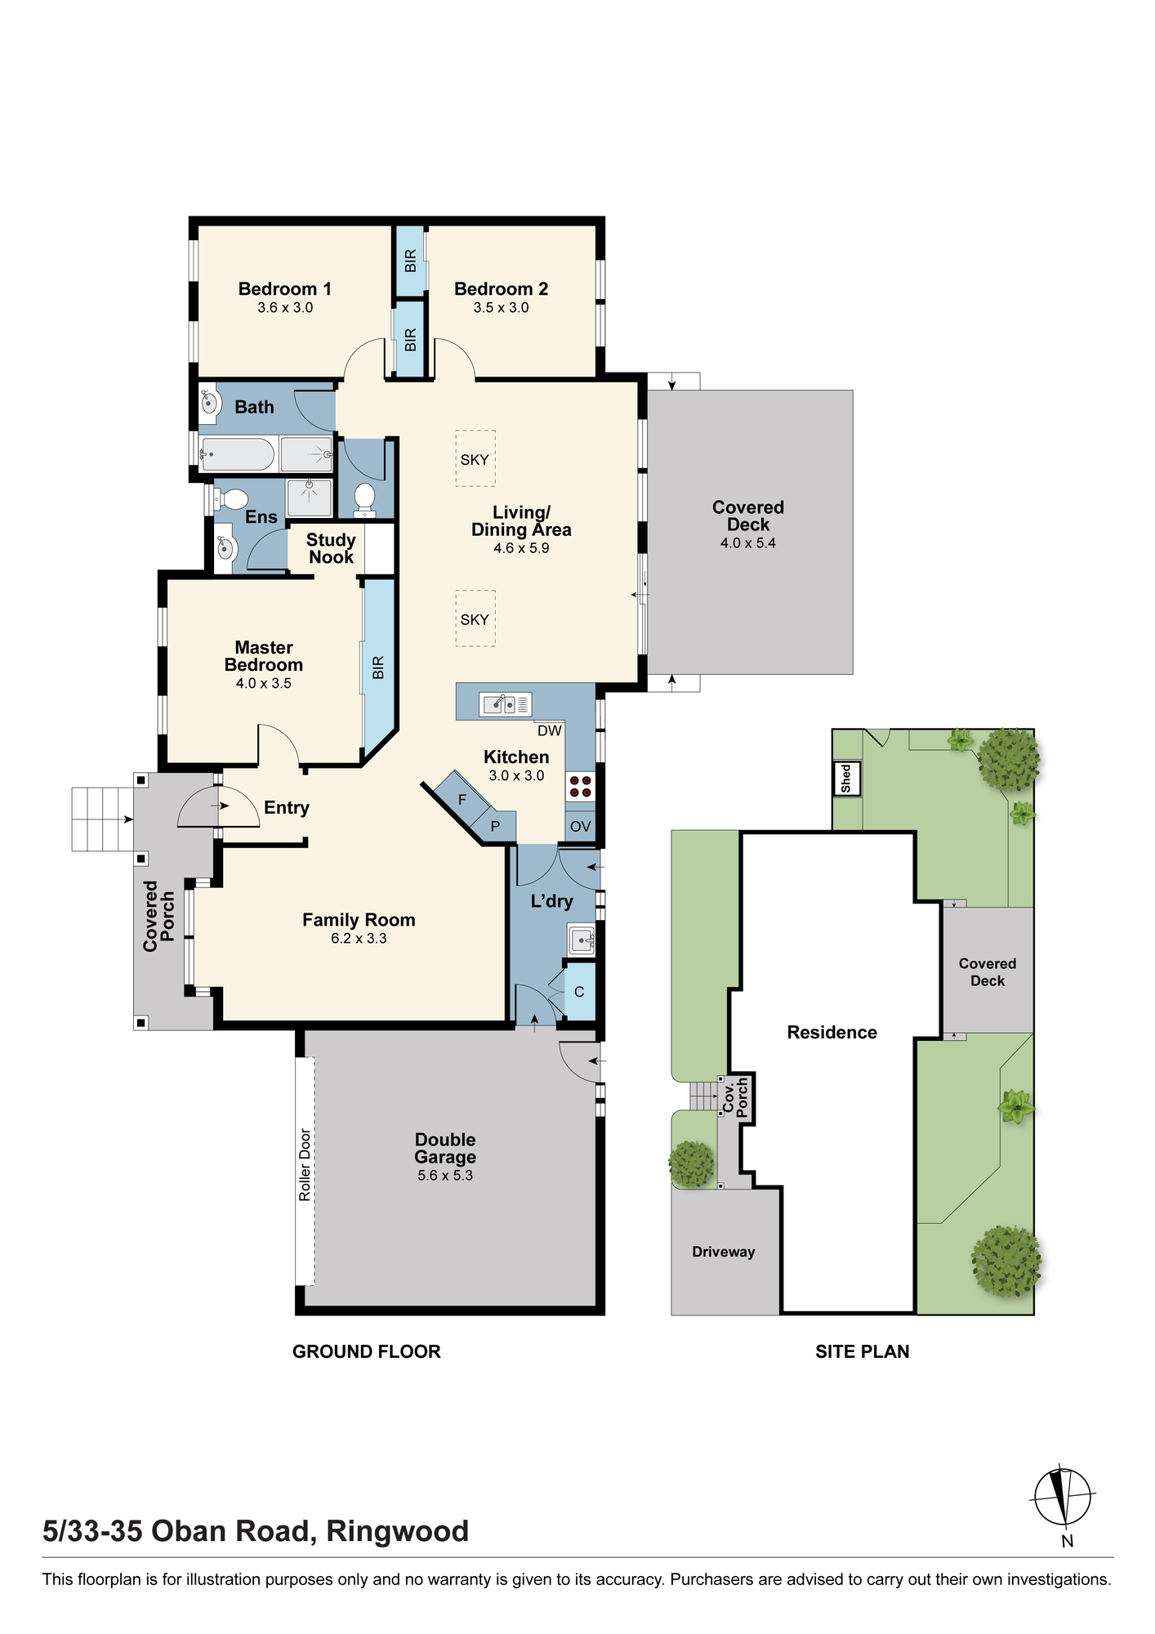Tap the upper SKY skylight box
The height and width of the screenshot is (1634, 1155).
[x=475, y=459]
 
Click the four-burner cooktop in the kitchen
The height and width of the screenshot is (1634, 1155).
[x=581, y=787]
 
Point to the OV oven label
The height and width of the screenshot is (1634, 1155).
[x=581, y=827]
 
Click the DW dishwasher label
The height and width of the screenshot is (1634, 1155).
[x=550, y=730]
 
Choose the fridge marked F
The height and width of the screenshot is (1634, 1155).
[x=462, y=799]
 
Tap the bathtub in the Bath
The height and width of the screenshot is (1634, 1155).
[x=238, y=454]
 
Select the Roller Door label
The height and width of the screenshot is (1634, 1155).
[x=305, y=1164]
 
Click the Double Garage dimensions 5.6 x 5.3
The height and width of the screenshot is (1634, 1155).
[x=445, y=1176]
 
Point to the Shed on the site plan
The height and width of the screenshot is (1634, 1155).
[x=846, y=779]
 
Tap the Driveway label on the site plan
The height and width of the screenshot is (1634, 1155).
[x=724, y=1252]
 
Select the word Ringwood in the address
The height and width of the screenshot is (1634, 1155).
[x=398, y=1531]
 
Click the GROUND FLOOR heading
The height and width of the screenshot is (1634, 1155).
[x=367, y=1352]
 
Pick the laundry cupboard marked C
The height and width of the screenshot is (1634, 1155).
[x=580, y=992]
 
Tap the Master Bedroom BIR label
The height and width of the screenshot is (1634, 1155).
[x=378, y=667]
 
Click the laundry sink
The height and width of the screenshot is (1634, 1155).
[x=582, y=940]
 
